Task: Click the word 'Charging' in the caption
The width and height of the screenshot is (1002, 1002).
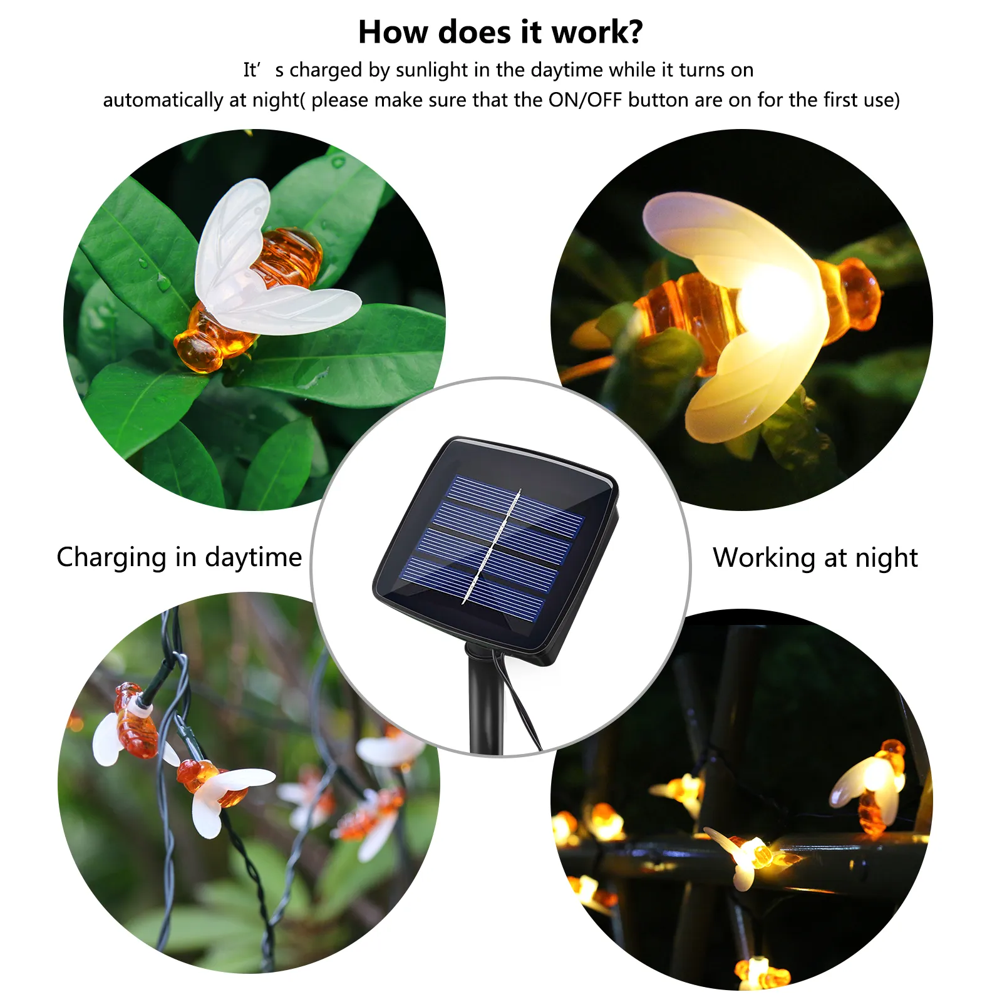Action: point(112,557)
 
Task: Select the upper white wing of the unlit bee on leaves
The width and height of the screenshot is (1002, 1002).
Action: point(232,232)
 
